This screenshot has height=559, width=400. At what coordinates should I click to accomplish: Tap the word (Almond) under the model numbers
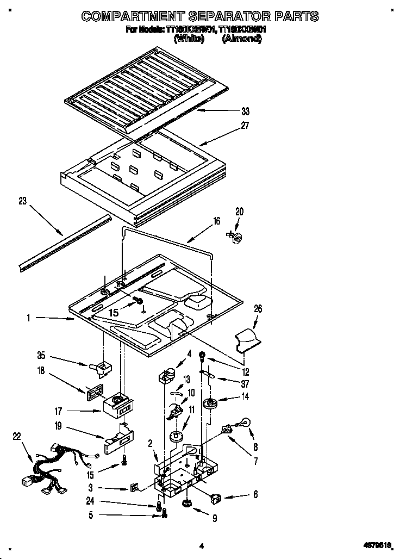click(x=241, y=40)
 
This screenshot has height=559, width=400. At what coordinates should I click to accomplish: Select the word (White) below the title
click(x=189, y=40)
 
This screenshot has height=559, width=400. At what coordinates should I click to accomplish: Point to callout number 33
click(x=245, y=111)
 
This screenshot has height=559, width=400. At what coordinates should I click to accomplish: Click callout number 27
click(x=245, y=126)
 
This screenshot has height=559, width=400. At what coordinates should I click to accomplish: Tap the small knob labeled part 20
click(x=237, y=235)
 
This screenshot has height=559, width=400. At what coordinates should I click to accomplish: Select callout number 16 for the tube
click(x=216, y=221)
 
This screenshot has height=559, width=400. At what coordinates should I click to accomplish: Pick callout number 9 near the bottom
click(x=215, y=519)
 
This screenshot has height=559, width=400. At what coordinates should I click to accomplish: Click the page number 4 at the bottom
click(x=201, y=545)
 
